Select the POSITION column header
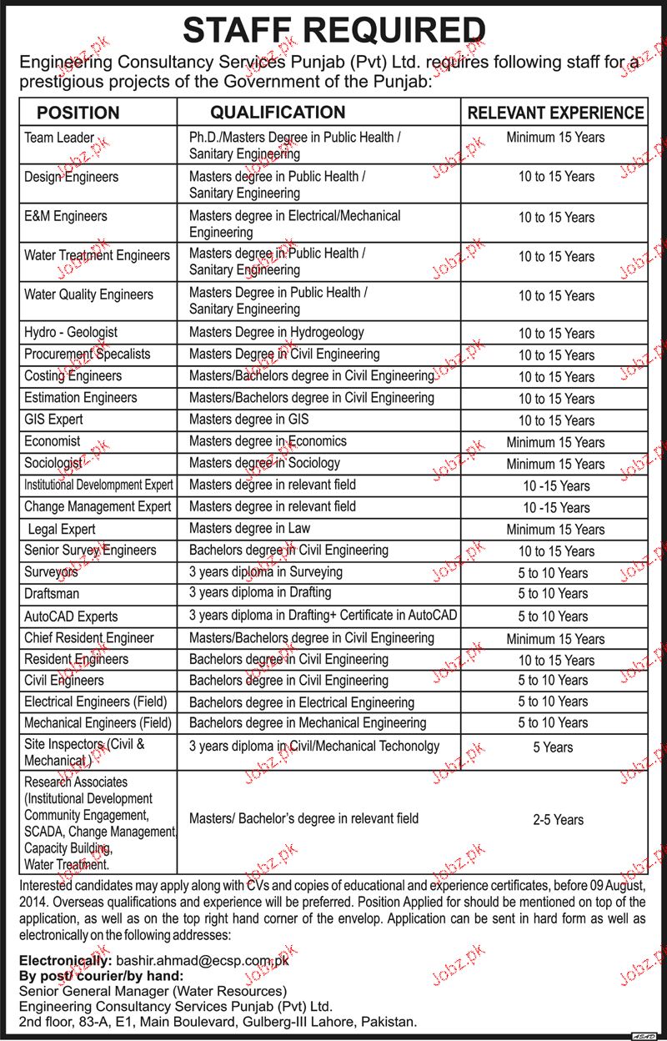78,113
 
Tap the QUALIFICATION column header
278,112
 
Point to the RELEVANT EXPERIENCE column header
555,113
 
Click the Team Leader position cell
59,138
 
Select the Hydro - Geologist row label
71,332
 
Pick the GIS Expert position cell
53,420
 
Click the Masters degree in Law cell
249,528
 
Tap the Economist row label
53,441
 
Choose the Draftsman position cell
53,594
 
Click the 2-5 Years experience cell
558,820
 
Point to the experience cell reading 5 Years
554,747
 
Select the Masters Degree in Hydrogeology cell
276,332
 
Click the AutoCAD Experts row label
71,616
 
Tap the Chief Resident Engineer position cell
89,638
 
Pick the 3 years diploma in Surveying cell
265,572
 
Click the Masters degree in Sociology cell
264,463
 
